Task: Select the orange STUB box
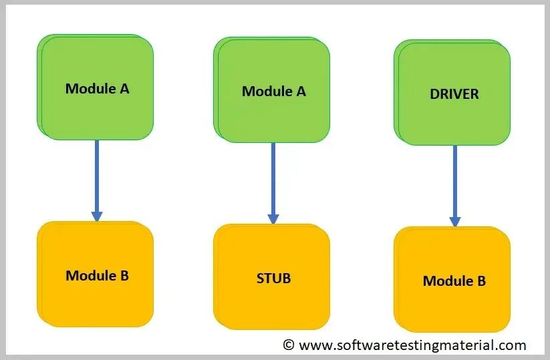coord(273,277)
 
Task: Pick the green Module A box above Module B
coord(96,87)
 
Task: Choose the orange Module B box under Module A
coord(96,275)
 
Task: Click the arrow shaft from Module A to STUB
coord(273,177)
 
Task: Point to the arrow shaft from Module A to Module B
coord(97,175)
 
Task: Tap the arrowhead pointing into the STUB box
coord(273,218)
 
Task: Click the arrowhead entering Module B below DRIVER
coord(454,221)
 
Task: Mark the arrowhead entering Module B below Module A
coord(97,216)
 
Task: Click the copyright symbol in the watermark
coord(289,345)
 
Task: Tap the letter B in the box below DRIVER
coord(480,281)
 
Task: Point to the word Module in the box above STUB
coord(265,92)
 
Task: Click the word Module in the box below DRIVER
coord(446,281)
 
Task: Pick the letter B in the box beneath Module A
coord(124,275)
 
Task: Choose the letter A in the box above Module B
coord(124,88)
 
